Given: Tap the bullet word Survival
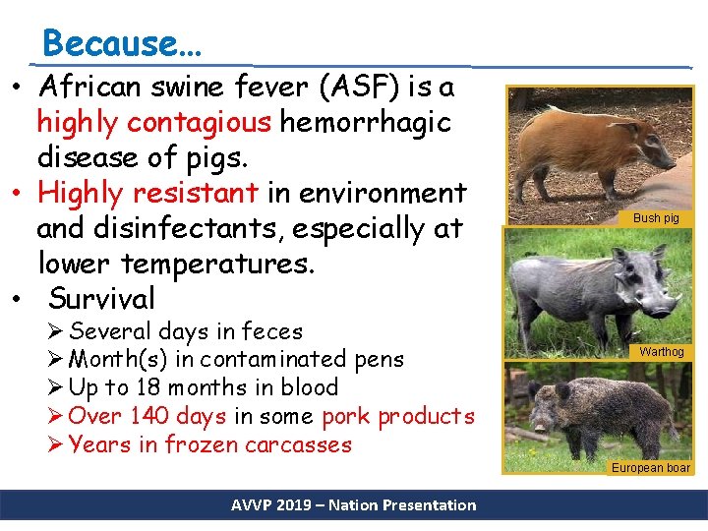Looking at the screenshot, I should tap(101, 298).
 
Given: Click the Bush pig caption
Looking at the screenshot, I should tap(656, 218).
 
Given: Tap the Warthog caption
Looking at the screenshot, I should tap(662, 351).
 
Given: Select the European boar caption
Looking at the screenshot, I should tap(651, 468).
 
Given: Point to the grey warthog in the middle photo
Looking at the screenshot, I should tap(581, 291).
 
